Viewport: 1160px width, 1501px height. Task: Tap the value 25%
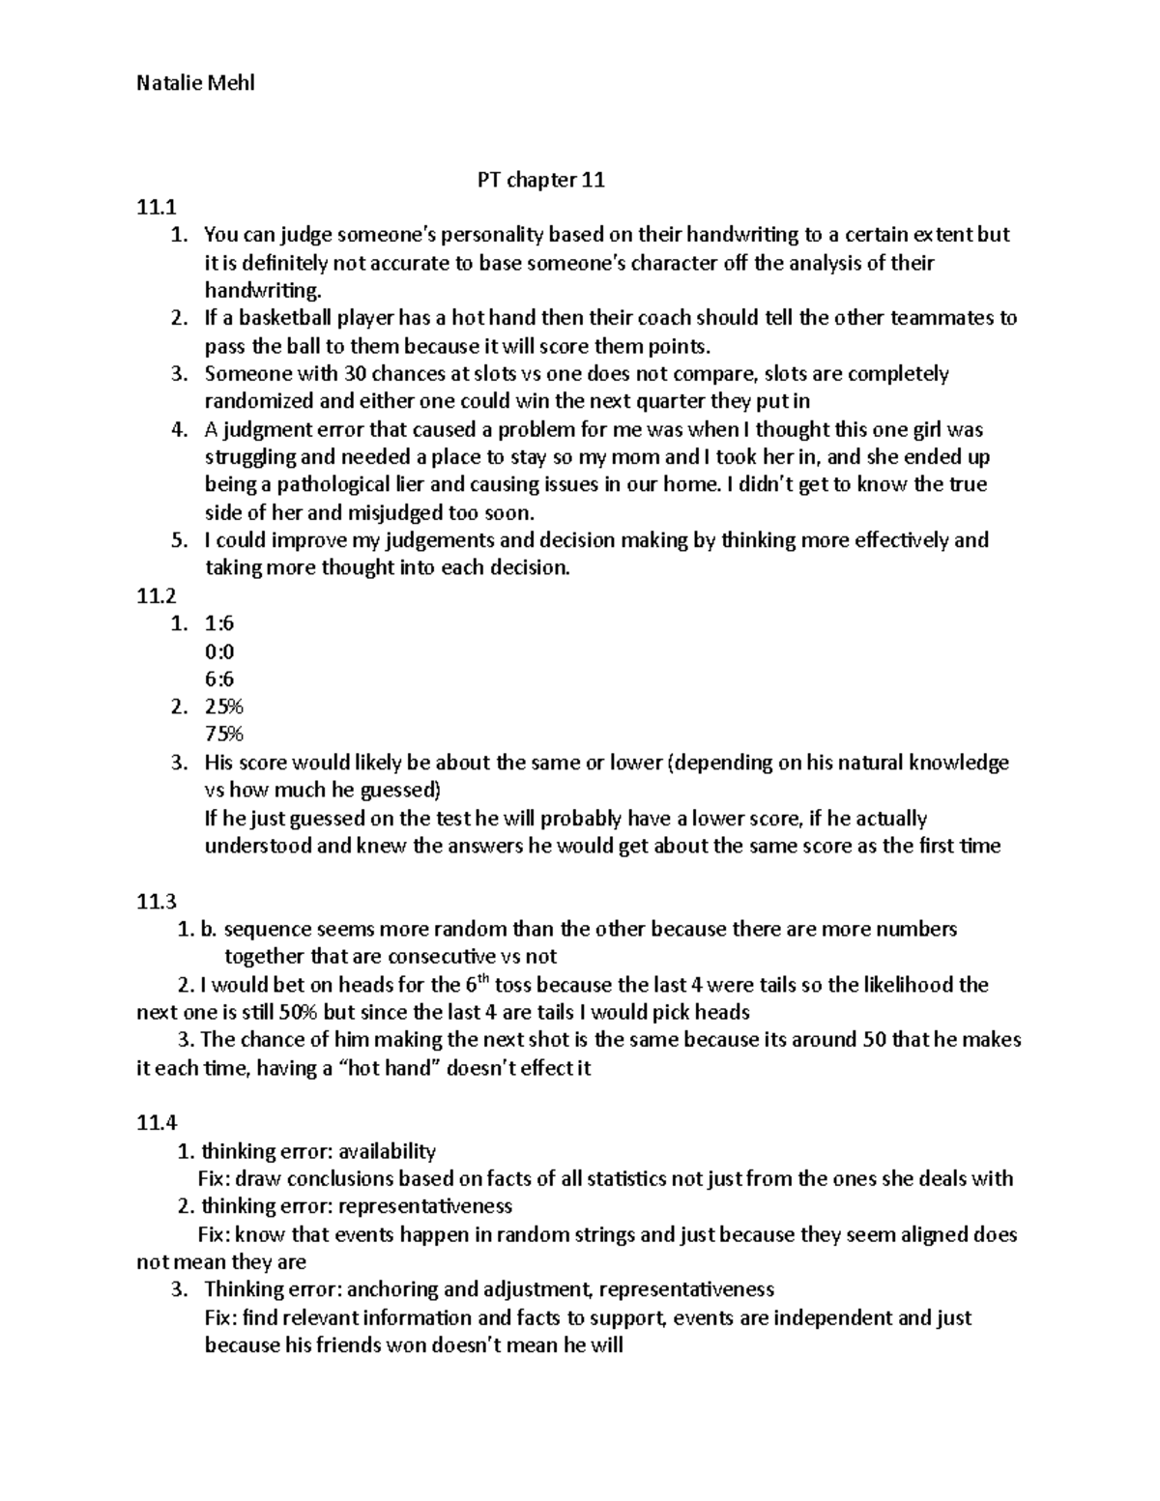click(223, 707)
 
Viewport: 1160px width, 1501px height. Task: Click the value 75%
click(223, 735)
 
